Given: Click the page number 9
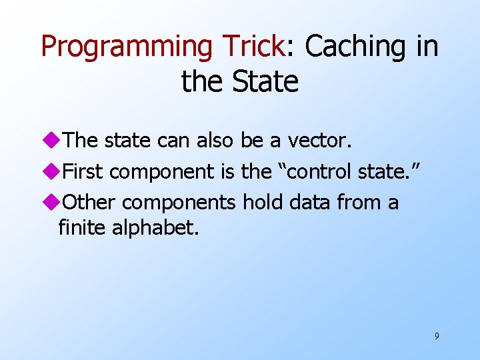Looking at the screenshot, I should coord(437,336).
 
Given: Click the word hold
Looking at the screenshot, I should coord(263,202).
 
